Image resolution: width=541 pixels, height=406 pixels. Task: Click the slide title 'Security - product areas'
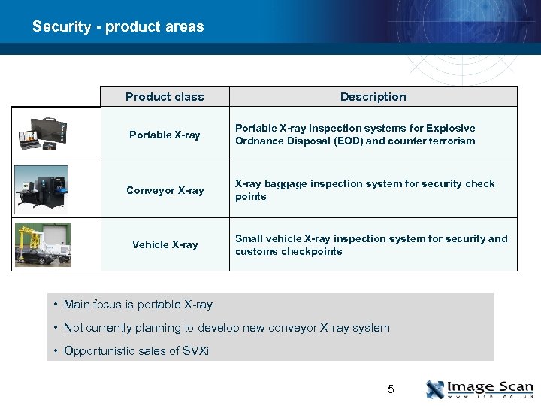pos(118,26)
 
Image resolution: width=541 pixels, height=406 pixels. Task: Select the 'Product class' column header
pos(165,96)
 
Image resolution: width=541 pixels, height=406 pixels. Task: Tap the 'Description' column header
pos(373,96)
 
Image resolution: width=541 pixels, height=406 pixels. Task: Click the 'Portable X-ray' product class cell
pos(165,135)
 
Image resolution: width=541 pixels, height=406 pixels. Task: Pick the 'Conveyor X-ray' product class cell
pos(165,190)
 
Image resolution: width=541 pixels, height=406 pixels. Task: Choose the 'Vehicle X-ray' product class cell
pos(165,244)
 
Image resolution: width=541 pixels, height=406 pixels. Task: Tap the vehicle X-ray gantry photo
pos(43,244)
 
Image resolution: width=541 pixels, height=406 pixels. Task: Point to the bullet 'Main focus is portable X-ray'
pos(138,304)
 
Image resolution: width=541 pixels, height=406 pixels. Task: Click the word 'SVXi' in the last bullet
pos(196,351)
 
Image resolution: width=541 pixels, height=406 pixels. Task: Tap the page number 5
pos(390,389)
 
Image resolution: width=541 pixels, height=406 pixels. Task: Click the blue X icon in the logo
pos(435,389)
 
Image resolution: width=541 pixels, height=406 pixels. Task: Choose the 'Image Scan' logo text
pos(490,386)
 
